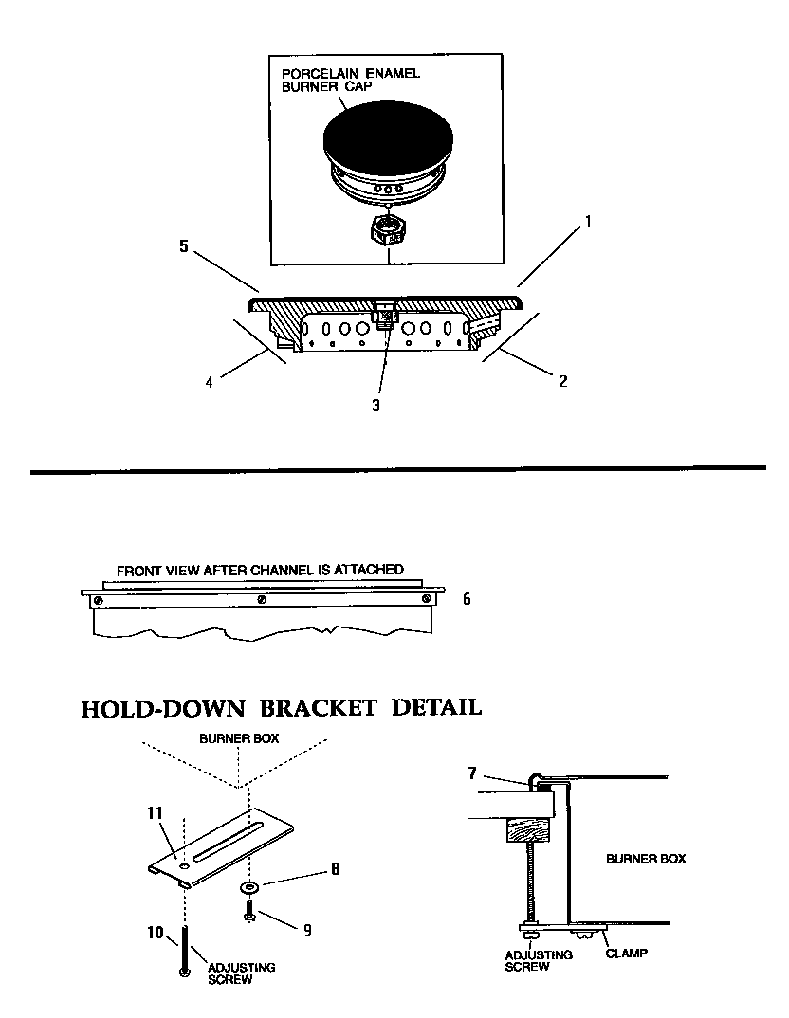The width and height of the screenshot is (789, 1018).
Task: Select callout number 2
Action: point(562,382)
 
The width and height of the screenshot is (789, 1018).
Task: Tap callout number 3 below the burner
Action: point(376,405)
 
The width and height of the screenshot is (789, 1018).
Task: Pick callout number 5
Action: point(184,246)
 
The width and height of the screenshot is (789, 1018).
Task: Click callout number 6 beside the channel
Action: point(466,599)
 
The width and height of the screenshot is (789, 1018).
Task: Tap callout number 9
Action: point(306,930)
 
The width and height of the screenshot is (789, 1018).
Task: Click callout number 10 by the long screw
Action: point(156,934)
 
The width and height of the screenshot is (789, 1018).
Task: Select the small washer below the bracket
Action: point(250,887)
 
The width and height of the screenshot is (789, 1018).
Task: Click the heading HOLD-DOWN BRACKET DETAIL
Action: point(281,707)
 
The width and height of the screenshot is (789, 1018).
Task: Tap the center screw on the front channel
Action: point(263,600)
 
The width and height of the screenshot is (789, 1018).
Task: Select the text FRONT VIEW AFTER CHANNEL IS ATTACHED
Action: point(260,571)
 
